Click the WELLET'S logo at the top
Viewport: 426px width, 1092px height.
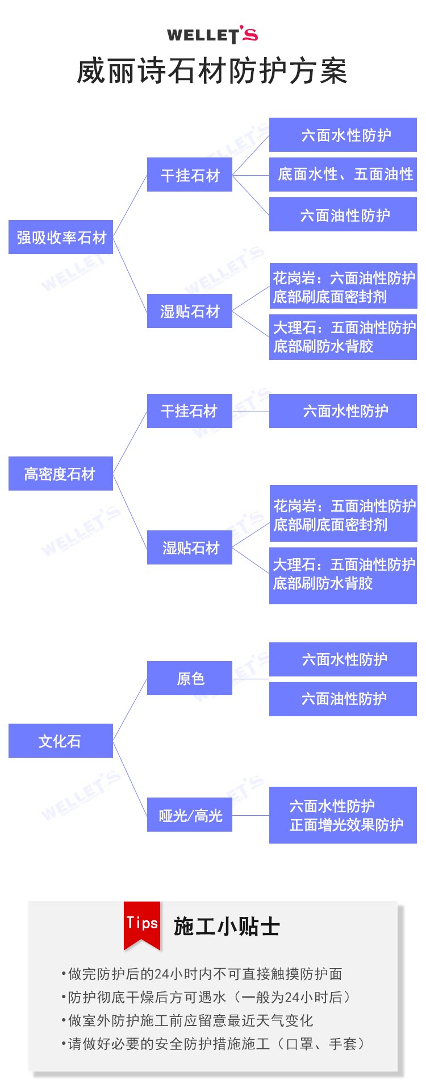click(x=212, y=35)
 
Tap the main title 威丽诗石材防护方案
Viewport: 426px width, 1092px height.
click(x=212, y=72)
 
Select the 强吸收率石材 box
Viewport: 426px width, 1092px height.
click(x=61, y=237)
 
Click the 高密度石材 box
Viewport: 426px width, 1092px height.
click(x=61, y=474)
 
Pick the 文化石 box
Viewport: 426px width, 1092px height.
click(x=61, y=741)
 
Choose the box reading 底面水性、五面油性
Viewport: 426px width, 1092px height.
click(x=343, y=175)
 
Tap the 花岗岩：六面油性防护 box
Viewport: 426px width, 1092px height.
click(x=343, y=287)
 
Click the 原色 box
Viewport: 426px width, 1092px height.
click(x=190, y=678)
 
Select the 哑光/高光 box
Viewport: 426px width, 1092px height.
click(x=190, y=815)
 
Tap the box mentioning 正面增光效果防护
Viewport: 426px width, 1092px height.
click(x=343, y=815)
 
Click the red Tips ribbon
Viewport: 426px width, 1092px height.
click(x=142, y=923)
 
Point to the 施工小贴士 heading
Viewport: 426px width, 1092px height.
click(x=227, y=927)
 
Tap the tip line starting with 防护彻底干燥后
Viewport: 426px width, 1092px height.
click(x=208, y=997)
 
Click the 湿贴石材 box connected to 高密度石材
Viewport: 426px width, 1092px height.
click(x=190, y=547)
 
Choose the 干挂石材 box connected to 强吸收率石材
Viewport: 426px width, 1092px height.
click(x=190, y=175)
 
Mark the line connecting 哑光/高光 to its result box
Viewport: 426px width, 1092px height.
click(x=250, y=815)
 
